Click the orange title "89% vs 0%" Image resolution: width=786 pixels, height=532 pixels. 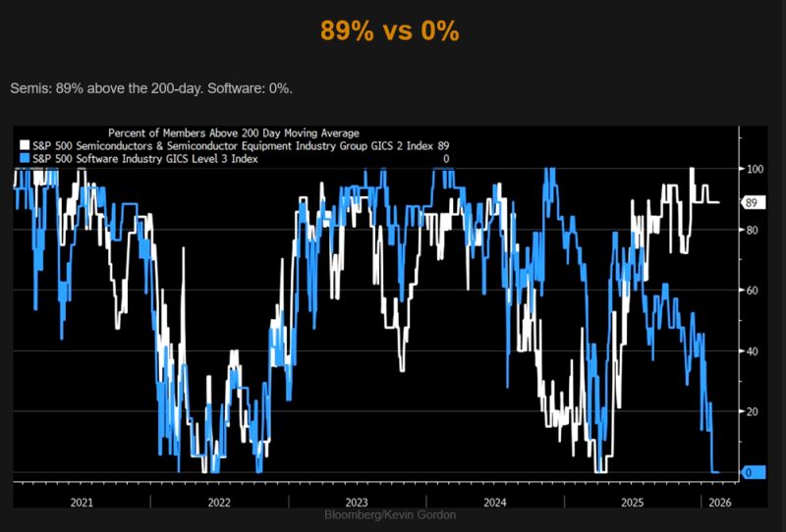point(390,31)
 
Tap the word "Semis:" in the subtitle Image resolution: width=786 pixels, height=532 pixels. point(31,88)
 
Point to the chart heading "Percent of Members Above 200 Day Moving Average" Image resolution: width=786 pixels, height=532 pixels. point(233,133)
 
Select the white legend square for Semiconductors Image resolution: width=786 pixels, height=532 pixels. point(25,145)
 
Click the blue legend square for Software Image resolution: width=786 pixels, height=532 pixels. point(25,158)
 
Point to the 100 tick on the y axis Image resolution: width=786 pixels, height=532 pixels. point(754,169)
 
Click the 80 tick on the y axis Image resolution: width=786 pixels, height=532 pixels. point(752,230)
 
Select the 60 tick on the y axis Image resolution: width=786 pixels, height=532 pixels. point(752,291)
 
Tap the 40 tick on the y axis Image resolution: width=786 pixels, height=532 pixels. point(752,350)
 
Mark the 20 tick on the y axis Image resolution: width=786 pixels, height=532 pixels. point(752,411)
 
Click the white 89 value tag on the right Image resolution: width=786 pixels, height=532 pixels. point(752,203)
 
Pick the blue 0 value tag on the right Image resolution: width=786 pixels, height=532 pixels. point(751,473)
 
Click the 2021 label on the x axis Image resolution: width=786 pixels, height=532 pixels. point(82,502)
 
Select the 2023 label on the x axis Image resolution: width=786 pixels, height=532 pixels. point(357,502)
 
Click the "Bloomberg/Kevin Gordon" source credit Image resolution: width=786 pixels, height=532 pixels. point(390,515)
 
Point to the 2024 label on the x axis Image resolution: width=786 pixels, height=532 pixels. point(495,502)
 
